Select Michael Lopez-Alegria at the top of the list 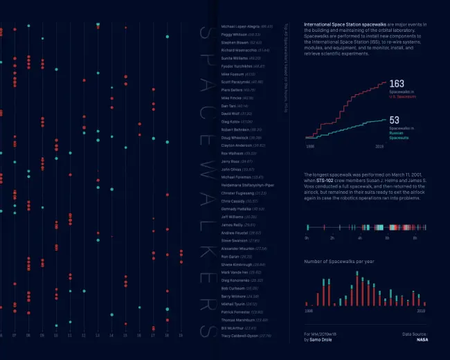click(239, 26)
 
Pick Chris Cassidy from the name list click(233, 201)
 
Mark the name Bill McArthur click(233, 327)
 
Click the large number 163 click(397, 84)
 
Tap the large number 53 click(394, 120)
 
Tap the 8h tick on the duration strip click(415, 237)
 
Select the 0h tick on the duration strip click(307, 237)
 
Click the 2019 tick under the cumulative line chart click(379, 146)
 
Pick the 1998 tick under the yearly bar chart click(309, 312)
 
